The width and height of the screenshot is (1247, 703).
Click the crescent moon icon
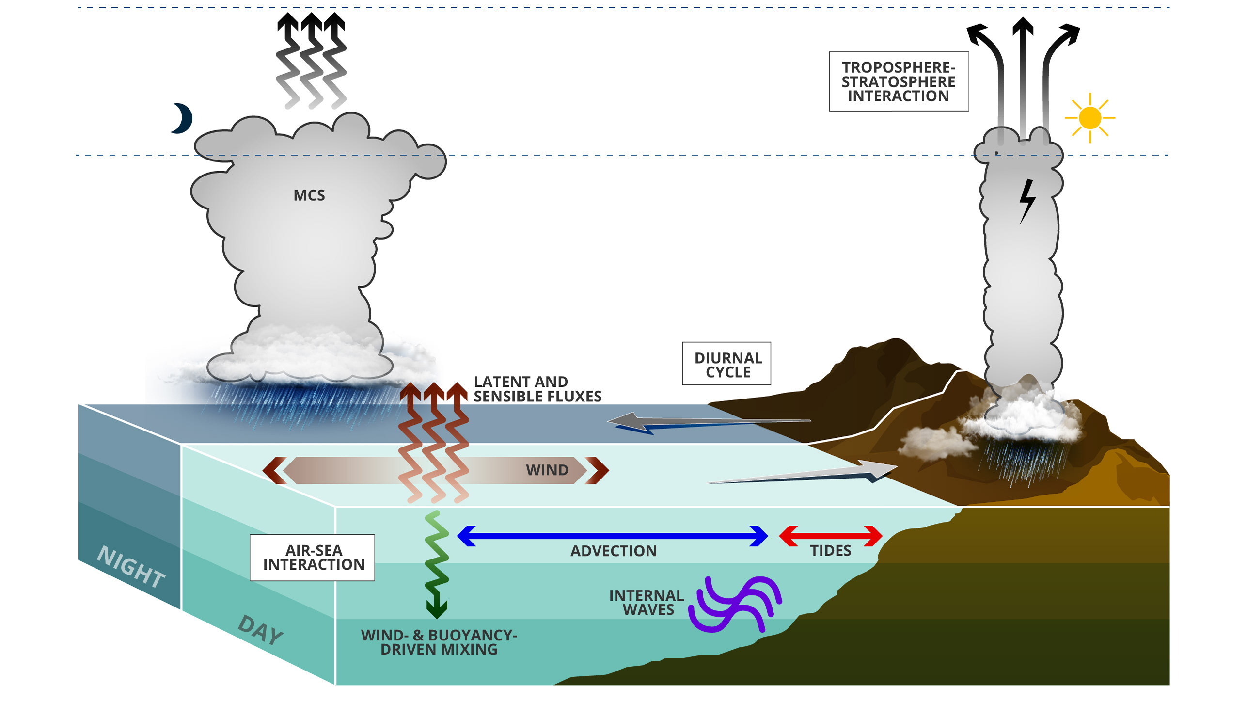(x=183, y=118)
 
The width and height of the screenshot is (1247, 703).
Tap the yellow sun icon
(x=1090, y=118)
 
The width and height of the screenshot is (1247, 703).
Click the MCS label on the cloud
(x=309, y=195)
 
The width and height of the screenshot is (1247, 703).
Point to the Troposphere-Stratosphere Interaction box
(x=899, y=81)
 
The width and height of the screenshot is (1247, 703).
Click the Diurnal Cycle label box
(x=726, y=364)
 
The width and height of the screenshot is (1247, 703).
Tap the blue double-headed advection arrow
(x=613, y=536)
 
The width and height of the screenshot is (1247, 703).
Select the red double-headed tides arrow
(x=830, y=536)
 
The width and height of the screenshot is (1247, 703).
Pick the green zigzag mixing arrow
(x=436, y=565)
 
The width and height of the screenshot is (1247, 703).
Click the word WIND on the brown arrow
(x=547, y=470)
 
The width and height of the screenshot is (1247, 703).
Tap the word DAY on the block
(x=261, y=630)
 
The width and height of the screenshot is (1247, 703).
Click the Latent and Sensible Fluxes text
(x=537, y=389)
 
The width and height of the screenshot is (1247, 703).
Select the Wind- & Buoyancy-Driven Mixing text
(x=439, y=642)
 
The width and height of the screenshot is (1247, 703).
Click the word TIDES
(x=831, y=551)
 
